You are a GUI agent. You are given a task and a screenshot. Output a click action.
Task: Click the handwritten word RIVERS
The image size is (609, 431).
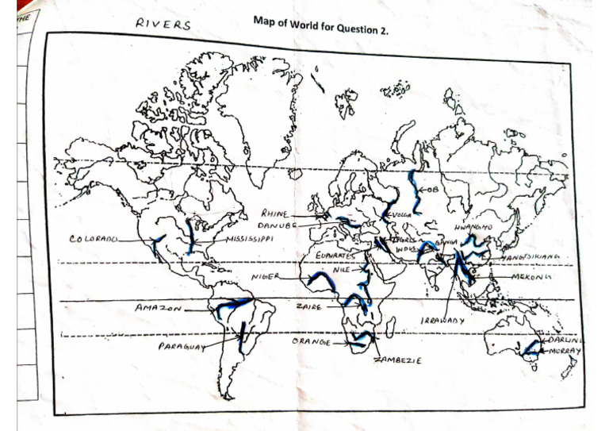tap(163, 25)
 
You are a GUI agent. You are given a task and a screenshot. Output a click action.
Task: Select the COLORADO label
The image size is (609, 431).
tap(94, 237)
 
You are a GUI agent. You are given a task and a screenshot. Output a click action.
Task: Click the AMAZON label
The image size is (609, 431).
tap(159, 306)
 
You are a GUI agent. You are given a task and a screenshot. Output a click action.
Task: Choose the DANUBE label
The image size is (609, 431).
tap(275, 226)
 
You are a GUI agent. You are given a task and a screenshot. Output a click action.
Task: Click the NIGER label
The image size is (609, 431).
tap(266, 277)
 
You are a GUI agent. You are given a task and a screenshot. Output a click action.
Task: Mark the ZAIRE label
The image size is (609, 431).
tap(307, 306)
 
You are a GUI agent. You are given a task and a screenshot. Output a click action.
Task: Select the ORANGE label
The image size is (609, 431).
tap(311, 341)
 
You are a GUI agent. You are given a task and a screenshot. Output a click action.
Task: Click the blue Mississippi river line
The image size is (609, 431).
tap(190, 236)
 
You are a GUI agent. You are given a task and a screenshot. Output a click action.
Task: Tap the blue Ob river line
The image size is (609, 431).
tap(413, 190)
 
